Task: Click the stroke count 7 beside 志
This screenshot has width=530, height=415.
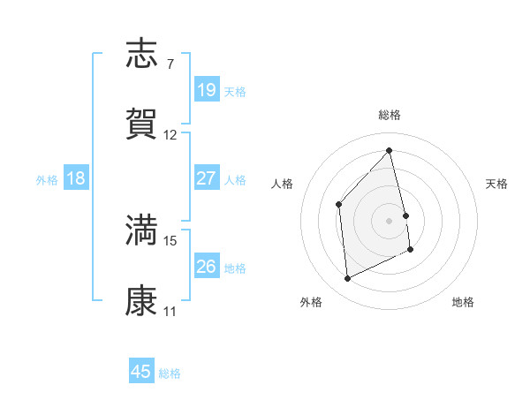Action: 170,64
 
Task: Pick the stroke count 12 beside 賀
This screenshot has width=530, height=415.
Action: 170,135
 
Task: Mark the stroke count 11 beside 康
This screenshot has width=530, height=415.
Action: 170,311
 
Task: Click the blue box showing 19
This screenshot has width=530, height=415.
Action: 207,90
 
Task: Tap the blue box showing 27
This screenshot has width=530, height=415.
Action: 207,178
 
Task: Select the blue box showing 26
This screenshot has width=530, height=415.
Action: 207,266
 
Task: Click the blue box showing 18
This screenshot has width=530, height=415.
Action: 76,178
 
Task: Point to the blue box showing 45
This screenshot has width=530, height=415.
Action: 141,372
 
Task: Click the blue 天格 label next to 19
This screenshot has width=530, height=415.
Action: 235,91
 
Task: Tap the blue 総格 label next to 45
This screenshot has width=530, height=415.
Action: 170,373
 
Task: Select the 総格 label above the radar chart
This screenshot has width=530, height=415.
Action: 390,115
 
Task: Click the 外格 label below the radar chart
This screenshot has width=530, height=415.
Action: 311,302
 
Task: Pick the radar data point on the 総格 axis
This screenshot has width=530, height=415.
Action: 390,151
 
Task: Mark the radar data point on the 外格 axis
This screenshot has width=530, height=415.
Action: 348,279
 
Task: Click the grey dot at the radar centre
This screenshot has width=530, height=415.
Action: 390,220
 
